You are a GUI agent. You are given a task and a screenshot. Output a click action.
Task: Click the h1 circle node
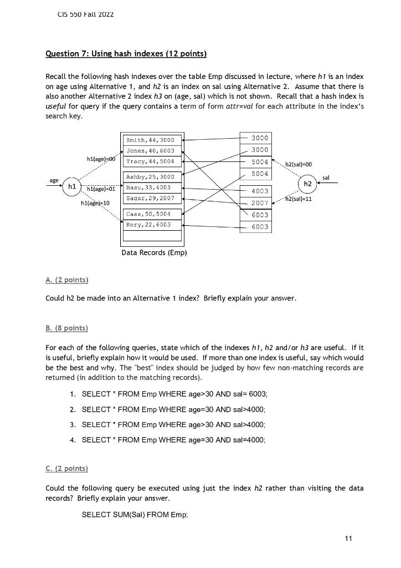tap(71, 186)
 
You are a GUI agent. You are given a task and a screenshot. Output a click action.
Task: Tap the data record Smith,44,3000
tap(151, 141)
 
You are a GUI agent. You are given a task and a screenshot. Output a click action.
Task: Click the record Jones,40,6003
tap(151, 151)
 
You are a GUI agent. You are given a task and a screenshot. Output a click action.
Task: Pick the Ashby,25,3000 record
tap(151, 177)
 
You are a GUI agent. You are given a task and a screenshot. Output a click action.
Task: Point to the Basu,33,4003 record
tap(151, 187)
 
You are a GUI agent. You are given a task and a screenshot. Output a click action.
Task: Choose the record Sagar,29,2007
tap(151, 198)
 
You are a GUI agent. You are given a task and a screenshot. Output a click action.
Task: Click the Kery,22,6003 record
tap(151, 225)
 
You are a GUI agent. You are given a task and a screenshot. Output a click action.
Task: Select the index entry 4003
tap(259, 191)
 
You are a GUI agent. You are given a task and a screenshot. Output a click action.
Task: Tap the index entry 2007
tap(259, 203)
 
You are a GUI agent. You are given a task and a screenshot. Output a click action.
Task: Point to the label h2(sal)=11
tap(299, 199)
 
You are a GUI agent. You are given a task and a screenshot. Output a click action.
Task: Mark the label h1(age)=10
tap(96, 204)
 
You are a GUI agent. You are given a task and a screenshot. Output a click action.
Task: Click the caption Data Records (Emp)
tap(154, 253)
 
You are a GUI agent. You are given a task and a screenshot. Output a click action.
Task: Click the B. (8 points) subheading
tap(66, 328)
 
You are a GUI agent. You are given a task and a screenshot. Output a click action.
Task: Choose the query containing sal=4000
tap(174, 440)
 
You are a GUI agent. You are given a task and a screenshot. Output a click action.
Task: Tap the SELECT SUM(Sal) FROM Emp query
tap(135, 515)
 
